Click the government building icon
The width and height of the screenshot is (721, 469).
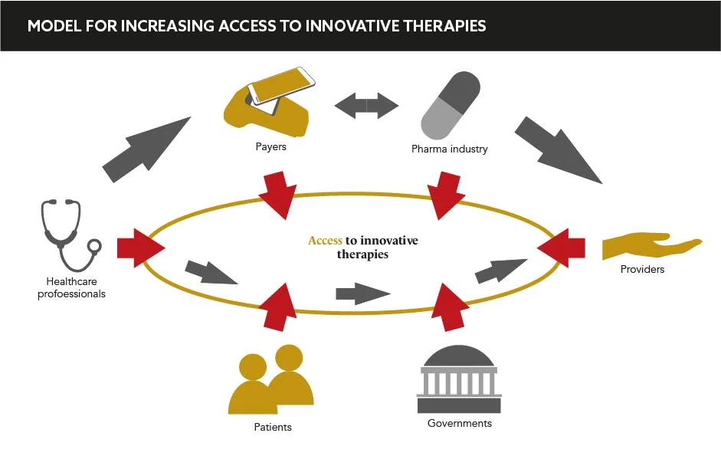pyautogui.click(x=459, y=380)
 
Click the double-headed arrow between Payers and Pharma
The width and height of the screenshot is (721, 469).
pyautogui.click(x=366, y=104)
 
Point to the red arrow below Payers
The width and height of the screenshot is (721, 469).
pyautogui.click(x=277, y=195)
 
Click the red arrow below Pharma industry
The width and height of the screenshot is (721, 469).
pyautogui.click(x=447, y=196)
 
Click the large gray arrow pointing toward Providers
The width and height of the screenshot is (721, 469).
pyautogui.click(x=559, y=150)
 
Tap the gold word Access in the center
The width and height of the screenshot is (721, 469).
pyautogui.click(x=325, y=241)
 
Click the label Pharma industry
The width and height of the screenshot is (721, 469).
pyautogui.click(x=449, y=149)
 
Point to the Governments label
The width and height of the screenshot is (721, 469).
pyautogui.click(x=460, y=423)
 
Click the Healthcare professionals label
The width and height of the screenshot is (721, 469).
pyautogui.click(x=71, y=288)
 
